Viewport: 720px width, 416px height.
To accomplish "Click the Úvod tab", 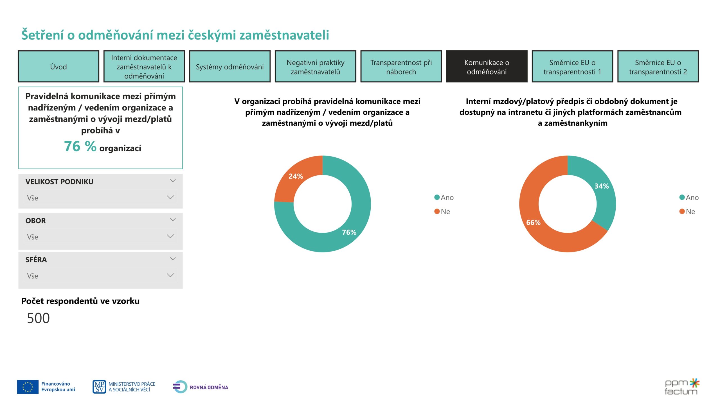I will (x=58, y=67).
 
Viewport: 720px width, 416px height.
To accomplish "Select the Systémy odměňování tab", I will (x=229, y=67).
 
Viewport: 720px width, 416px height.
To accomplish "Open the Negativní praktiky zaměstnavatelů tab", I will (x=315, y=67).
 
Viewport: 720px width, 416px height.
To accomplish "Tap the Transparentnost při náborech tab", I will (x=401, y=67).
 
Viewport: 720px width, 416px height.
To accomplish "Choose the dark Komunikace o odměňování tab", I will (x=486, y=67).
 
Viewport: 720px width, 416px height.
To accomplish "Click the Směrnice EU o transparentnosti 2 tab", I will (x=658, y=67).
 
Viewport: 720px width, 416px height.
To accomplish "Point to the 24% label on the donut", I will (x=295, y=176).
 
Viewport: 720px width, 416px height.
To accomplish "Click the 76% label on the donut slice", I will (x=349, y=232).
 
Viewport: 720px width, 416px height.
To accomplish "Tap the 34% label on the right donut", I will (x=601, y=186).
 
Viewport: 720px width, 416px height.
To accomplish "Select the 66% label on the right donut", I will (x=533, y=222).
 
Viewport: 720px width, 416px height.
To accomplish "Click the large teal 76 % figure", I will (x=80, y=146).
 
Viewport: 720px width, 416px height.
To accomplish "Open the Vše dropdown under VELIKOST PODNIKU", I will (x=100, y=197).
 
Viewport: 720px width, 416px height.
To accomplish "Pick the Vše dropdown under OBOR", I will (x=100, y=236).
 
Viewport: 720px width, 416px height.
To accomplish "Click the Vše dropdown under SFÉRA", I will (x=100, y=275).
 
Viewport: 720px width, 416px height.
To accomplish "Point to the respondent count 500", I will (x=38, y=318).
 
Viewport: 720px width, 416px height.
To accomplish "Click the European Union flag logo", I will (x=28, y=386).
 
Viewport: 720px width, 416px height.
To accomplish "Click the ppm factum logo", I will (x=681, y=386).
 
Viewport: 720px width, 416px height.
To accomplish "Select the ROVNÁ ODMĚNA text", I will (x=209, y=387).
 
